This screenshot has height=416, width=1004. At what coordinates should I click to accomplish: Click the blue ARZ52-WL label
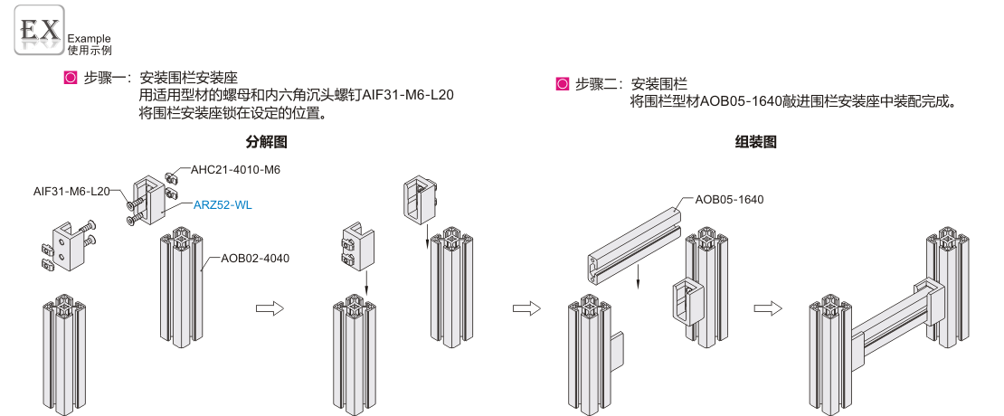point(223,205)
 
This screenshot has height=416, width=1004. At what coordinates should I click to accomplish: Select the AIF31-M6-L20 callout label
point(71,191)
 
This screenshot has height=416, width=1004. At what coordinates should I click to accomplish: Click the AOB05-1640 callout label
point(729,199)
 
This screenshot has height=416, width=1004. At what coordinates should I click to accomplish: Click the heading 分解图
point(266,142)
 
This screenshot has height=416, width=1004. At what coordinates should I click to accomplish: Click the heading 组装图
point(756,142)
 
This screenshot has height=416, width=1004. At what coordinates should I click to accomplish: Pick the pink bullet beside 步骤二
point(562,85)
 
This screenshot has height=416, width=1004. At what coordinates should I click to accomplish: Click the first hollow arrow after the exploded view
point(270,307)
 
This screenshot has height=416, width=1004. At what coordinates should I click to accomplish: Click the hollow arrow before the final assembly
point(766,307)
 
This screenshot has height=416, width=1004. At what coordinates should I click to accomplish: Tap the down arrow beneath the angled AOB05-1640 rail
point(639,275)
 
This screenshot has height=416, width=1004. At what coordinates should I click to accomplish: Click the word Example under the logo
point(89,39)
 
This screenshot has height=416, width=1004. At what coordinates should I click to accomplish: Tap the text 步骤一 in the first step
point(102,79)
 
